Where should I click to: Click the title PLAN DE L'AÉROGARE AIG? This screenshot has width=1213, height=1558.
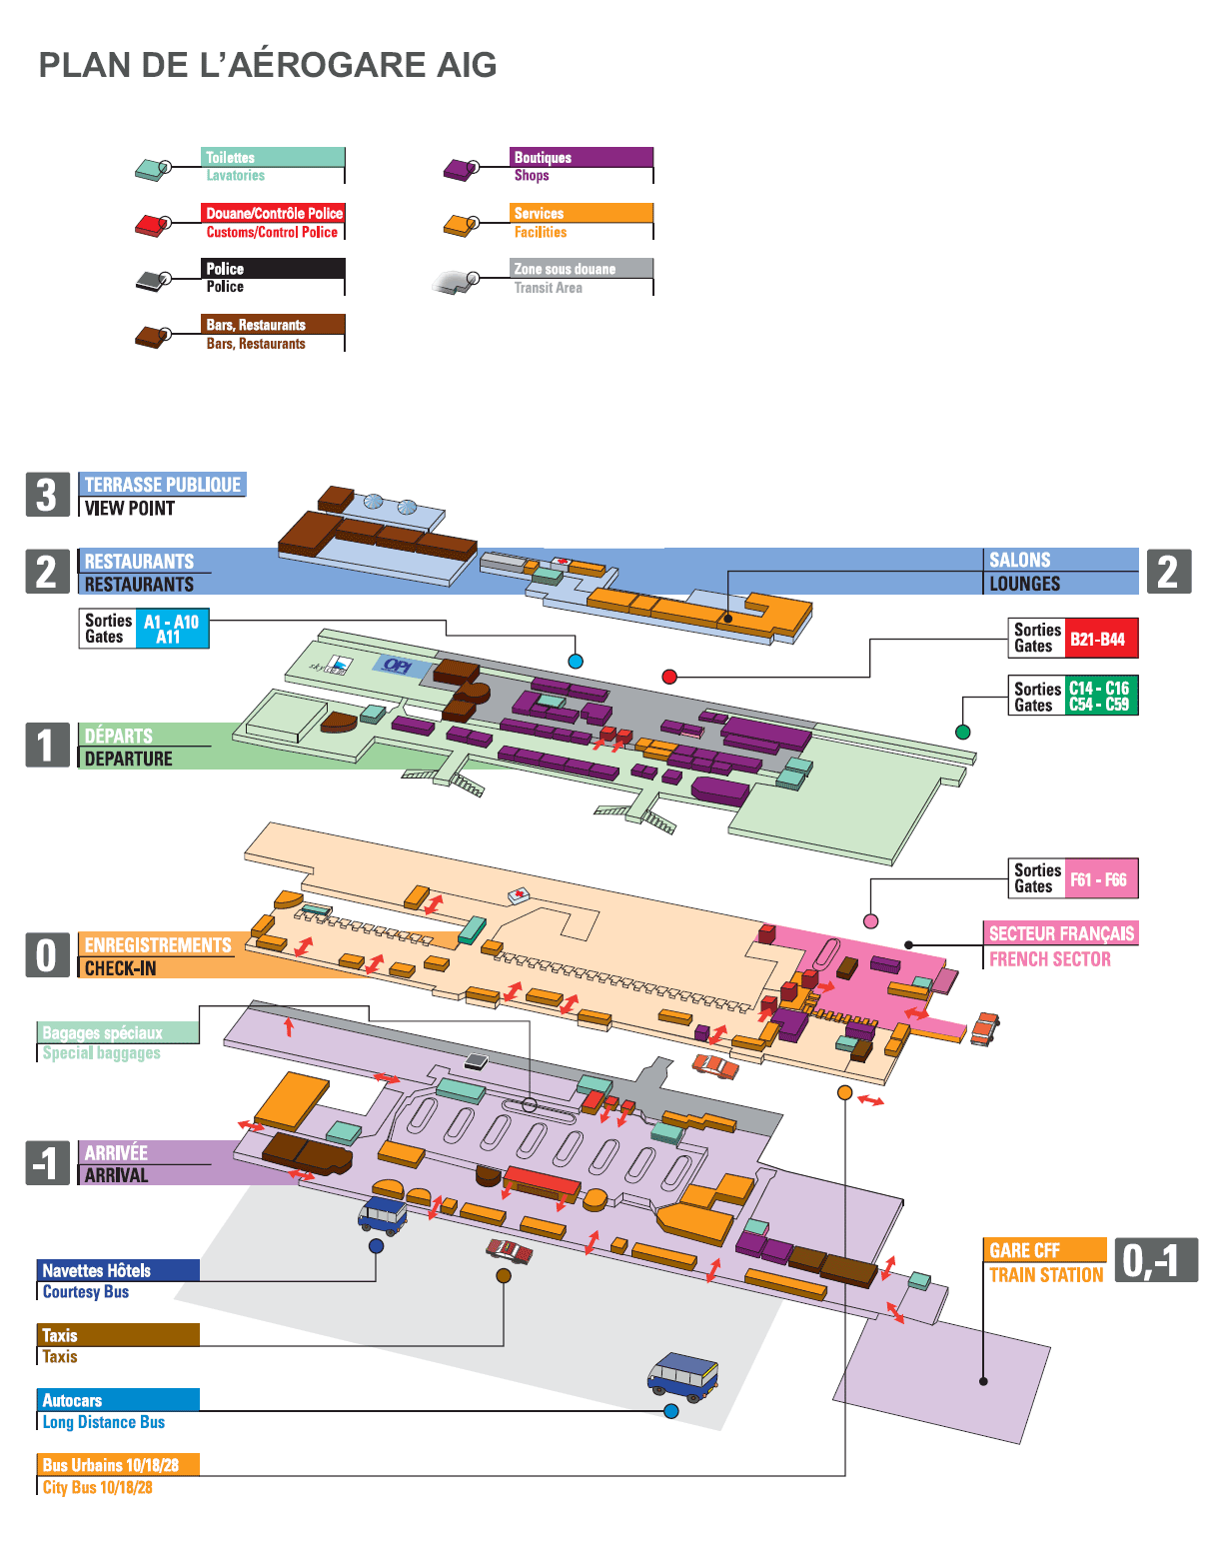[x=268, y=65]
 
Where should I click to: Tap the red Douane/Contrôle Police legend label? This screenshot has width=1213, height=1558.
[x=273, y=213]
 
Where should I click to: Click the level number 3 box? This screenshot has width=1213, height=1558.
[x=47, y=495]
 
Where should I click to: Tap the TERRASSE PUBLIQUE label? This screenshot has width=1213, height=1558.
[x=162, y=485]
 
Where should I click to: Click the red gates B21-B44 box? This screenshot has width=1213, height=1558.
[x=1100, y=639]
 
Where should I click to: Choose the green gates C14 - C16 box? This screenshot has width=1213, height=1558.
[x=1099, y=696]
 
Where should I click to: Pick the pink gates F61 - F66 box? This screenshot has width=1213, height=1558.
[x=1099, y=879]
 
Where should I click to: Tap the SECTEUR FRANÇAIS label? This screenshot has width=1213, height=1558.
[x=1060, y=933]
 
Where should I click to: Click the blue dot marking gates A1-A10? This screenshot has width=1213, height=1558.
[x=576, y=661]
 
